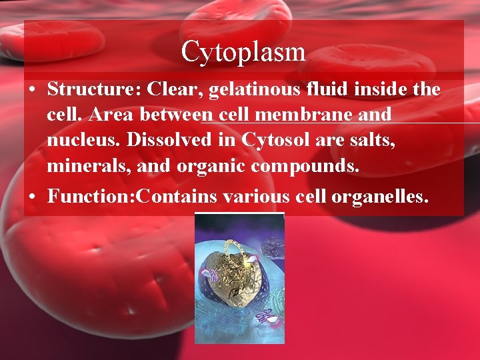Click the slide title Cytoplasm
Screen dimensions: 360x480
(243, 51)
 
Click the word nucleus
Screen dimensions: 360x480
(83, 141)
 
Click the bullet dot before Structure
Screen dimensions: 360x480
(33, 90)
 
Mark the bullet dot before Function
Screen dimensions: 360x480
(33, 197)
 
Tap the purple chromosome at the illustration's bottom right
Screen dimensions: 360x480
(265, 316)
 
